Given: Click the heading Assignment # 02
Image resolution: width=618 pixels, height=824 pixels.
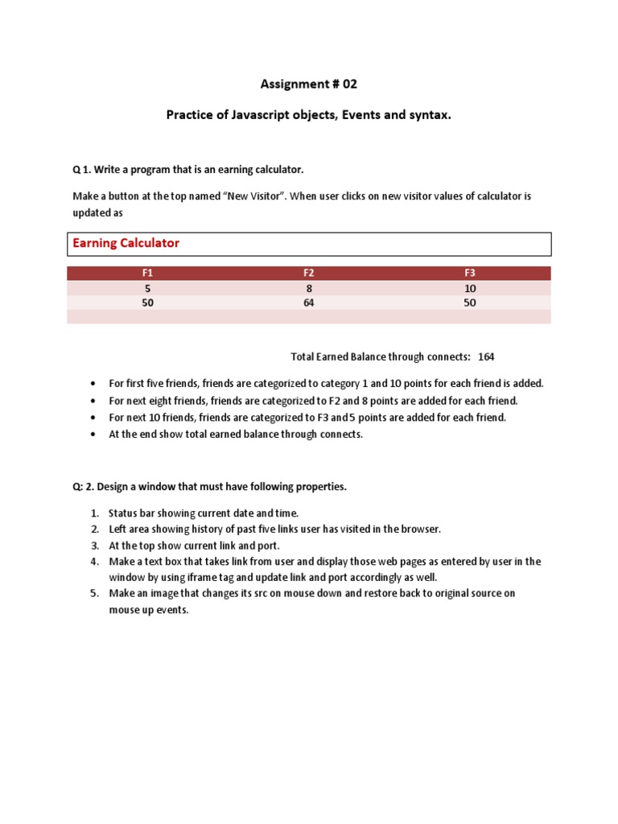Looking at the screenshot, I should [x=309, y=84].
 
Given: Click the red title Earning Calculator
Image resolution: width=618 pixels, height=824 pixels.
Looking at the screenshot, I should [x=126, y=243].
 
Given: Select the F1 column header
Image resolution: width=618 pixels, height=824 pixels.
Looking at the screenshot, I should [x=147, y=274].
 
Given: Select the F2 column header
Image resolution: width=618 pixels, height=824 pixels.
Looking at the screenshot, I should [x=308, y=274].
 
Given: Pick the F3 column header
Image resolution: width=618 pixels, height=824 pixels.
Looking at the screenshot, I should [x=470, y=274].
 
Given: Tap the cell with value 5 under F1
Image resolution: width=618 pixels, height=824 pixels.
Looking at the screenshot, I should [x=147, y=288].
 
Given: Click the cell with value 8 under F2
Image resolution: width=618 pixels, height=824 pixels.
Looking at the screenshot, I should [x=308, y=288].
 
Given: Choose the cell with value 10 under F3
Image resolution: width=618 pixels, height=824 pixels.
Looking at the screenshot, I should [x=470, y=288].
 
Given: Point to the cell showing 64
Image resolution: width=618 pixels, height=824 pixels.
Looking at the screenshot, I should [x=308, y=303].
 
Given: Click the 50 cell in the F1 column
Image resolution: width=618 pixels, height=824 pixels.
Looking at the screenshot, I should [x=147, y=303].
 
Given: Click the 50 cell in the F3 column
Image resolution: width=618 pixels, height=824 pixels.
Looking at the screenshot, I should [x=470, y=303].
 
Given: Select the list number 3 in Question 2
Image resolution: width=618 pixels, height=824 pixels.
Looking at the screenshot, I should [x=94, y=545].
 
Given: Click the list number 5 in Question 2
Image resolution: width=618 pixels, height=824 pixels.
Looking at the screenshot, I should [x=94, y=593].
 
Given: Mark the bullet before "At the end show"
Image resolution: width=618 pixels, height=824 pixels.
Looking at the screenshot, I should [x=94, y=435].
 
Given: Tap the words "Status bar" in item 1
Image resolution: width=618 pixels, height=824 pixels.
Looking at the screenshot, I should [x=131, y=513].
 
